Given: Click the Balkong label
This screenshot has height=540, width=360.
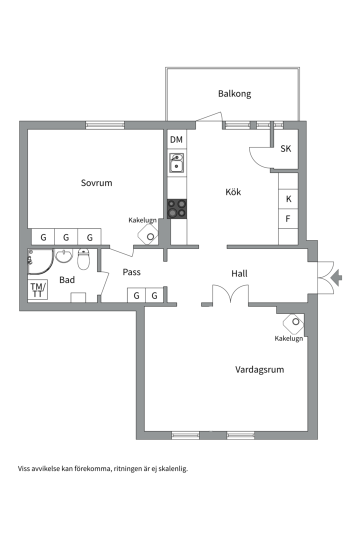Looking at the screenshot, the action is (234, 93).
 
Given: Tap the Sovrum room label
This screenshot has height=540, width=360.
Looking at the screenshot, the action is (96, 183).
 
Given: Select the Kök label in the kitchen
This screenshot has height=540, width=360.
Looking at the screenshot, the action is (233, 192).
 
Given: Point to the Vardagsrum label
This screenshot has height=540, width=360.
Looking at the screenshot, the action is (259, 370).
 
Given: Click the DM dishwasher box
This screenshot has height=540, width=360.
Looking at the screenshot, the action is (176, 139).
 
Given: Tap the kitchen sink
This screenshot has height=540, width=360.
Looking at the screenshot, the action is (176, 163).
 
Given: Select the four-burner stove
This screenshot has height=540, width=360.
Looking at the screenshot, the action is (177, 208).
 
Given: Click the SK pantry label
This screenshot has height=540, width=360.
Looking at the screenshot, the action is (285, 149).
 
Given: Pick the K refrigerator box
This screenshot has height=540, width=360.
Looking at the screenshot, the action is (288, 198).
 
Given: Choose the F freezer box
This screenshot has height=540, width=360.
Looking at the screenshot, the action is (288, 218).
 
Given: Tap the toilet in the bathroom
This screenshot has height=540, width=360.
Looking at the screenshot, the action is (83, 259).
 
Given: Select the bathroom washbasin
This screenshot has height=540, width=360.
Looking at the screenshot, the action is (63, 256).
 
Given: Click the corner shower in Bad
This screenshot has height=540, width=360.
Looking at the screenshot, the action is (40, 261).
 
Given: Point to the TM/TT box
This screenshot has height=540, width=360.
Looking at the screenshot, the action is (37, 289).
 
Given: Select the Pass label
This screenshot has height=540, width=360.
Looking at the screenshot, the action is (131, 272).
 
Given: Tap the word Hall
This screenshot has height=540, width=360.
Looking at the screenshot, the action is (239, 273).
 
